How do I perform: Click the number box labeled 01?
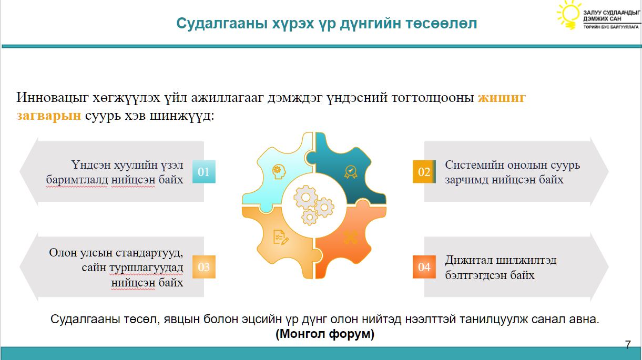pyautogui.click(x=204, y=171)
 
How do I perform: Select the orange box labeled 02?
pyautogui.click(x=424, y=171)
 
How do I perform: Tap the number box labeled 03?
pyautogui.click(x=204, y=266)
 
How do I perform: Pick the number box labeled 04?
pyautogui.click(x=424, y=266)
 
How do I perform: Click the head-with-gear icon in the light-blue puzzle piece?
pyautogui.click(x=279, y=172)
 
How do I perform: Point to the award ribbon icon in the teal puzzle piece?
pyautogui.click(x=351, y=172)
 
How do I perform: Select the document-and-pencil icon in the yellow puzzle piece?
pyautogui.click(x=281, y=237)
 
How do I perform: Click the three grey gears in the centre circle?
pyautogui.click(x=313, y=204)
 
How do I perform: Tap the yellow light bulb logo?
pyautogui.click(x=568, y=15)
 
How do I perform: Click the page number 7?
pyautogui.click(x=628, y=345)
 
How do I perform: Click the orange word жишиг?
pyautogui.click(x=502, y=98)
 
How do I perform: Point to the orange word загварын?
pyautogui.click(x=49, y=116)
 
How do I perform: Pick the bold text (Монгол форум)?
pyautogui.click(x=325, y=334)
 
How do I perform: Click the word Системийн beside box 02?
pyautogui.click(x=474, y=165)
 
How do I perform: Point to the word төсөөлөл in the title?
pyautogui.click(x=441, y=24)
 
